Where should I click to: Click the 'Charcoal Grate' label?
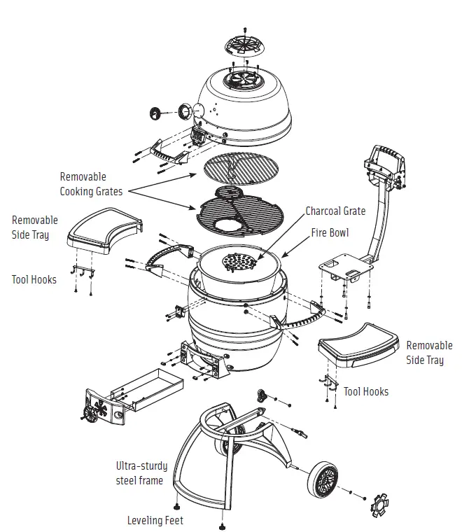[x=335, y=211]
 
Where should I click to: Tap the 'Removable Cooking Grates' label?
[x=91, y=184]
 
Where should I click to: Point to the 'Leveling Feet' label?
[x=155, y=520]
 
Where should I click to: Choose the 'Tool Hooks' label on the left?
[x=34, y=279]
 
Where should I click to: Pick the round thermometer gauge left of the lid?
[x=155, y=113]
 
